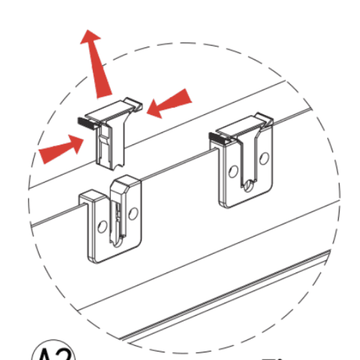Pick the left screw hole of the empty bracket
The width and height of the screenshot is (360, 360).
click(103, 226)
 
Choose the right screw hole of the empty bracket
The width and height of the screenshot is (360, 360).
click(134, 213)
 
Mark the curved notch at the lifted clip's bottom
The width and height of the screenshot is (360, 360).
click(120, 163)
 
